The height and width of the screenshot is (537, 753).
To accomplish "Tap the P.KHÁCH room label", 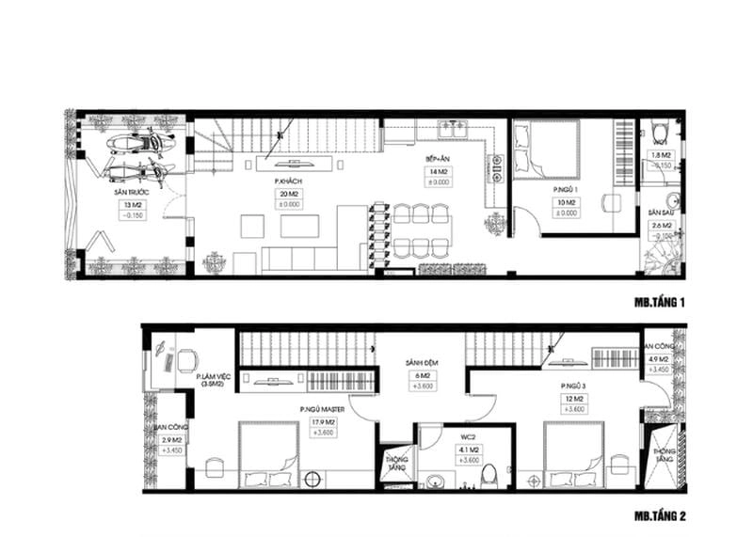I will click(x=287, y=180).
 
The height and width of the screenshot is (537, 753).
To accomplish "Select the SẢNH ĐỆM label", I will click(x=419, y=361).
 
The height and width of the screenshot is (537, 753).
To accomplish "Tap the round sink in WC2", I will click(x=434, y=481).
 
